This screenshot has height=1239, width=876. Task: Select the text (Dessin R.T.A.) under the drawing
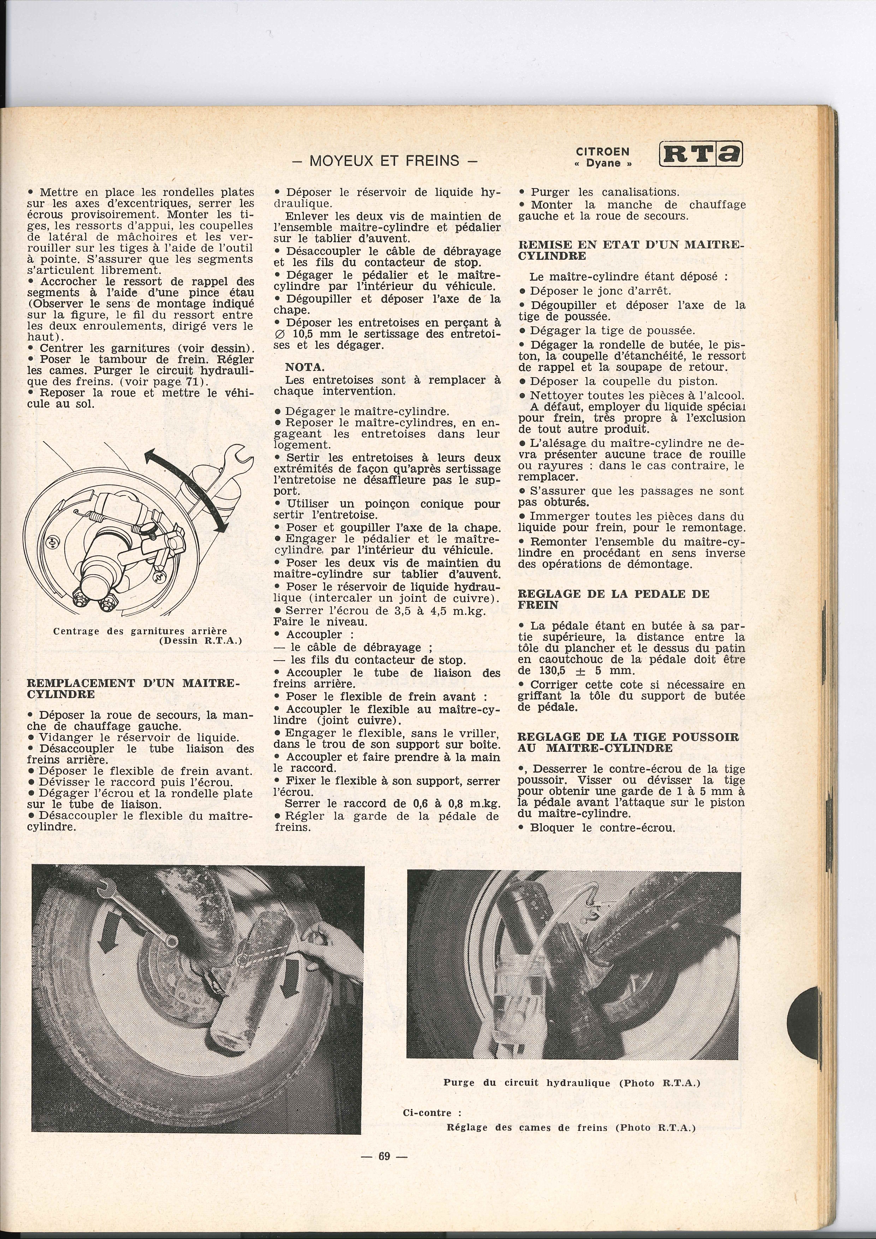[x=201, y=641]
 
